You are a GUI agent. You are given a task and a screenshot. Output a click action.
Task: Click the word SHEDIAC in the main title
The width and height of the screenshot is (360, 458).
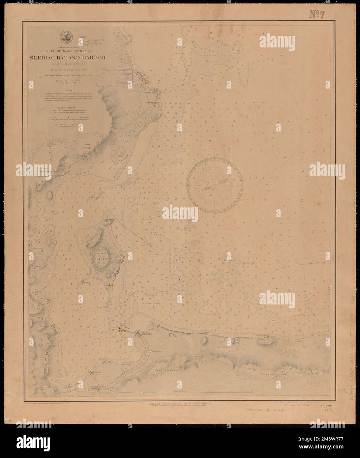click(50, 58)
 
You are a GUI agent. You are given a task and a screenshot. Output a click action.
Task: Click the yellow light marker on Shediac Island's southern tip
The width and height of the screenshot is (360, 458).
click(111, 285)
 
